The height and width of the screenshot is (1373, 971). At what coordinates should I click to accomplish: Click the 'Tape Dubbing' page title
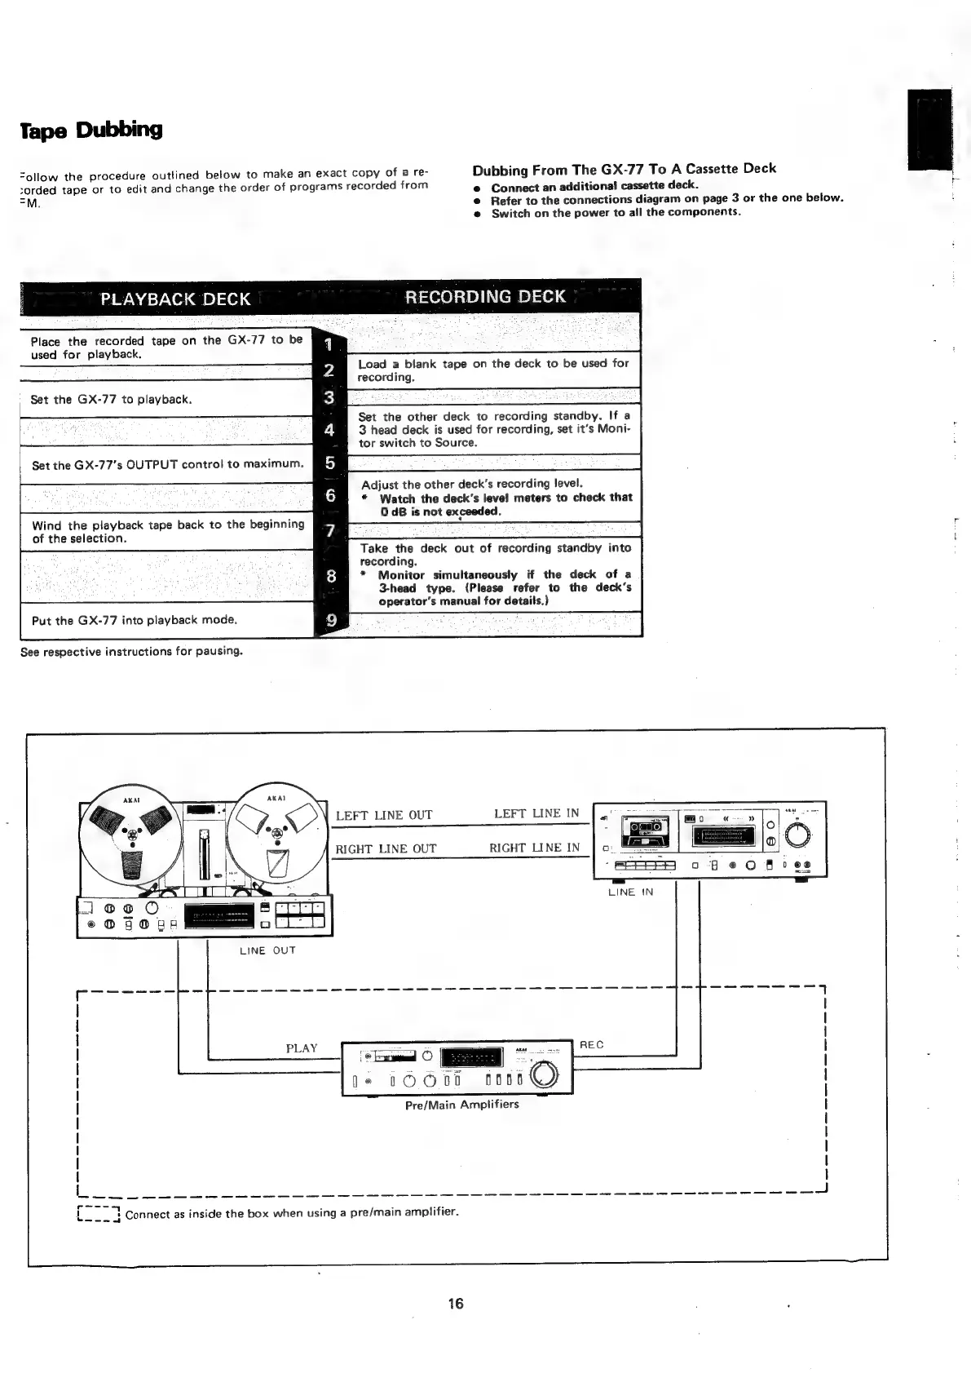click(x=91, y=131)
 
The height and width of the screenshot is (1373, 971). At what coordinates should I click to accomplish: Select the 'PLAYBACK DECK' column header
click(x=174, y=299)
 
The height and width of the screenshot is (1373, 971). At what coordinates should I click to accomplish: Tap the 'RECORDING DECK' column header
click(x=485, y=297)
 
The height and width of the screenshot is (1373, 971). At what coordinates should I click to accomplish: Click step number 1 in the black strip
click(x=329, y=344)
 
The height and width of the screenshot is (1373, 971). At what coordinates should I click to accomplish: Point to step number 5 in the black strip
click(x=330, y=463)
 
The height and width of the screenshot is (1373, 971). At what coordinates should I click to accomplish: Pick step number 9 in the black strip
click(x=331, y=621)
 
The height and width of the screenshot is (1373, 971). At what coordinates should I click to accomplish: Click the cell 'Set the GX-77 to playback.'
click(x=111, y=400)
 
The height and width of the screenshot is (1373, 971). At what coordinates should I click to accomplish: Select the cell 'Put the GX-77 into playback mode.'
click(x=135, y=620)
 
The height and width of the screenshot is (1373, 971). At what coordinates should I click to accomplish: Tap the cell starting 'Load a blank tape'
click(x=493, y=370)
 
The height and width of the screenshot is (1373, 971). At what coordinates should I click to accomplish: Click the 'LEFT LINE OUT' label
click(x=384, y=815)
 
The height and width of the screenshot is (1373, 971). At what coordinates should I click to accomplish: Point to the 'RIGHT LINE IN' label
click(x=534, y=848)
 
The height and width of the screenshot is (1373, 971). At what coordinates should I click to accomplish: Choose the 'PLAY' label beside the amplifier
click(x=301, y=1048)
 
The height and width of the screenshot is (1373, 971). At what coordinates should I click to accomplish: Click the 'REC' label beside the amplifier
click(x=591, y=1045)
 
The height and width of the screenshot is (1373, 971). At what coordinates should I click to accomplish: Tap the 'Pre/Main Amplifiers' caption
click(x=461, y=1105)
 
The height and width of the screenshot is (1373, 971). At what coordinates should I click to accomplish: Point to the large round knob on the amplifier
click(x=544, y=1078)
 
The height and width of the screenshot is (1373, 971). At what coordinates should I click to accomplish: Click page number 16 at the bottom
click(x=455, y=1304)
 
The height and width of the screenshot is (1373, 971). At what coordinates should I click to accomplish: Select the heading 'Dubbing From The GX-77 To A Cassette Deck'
click(x=624, y=170)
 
